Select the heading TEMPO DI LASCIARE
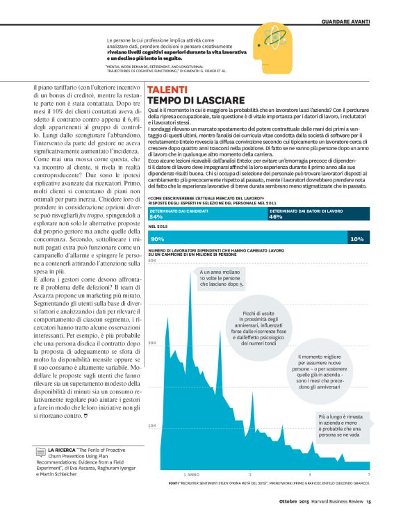pos(195,101)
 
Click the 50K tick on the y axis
pos(152,260)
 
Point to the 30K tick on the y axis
pos(152,343)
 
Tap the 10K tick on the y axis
pos(152,425)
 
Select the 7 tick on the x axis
pos(368,474)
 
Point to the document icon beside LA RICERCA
pos(42,453)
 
